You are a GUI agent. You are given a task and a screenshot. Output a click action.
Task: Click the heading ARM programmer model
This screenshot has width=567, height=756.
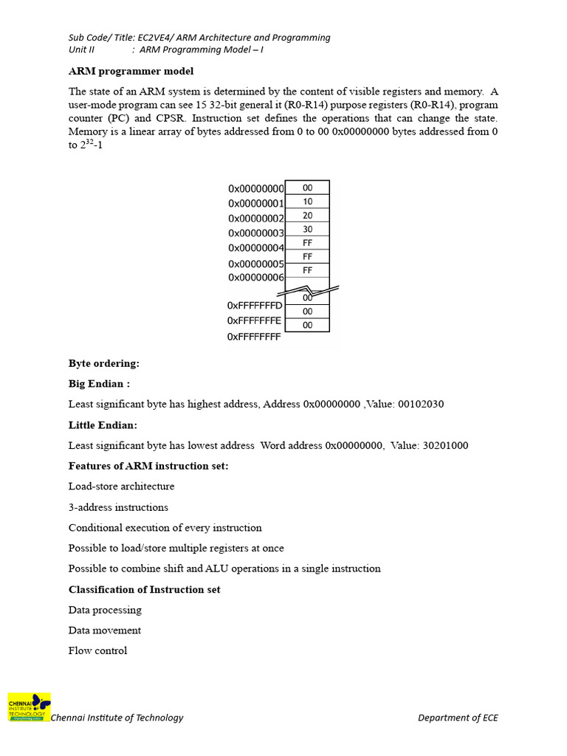131,72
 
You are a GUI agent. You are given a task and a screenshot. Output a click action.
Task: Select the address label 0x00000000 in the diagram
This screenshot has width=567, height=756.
256,189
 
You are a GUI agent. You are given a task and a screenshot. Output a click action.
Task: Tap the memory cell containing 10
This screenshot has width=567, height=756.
307,202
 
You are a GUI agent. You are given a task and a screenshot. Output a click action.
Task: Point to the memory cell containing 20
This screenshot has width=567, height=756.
307,216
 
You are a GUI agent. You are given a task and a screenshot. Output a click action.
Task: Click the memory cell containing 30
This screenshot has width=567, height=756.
307,230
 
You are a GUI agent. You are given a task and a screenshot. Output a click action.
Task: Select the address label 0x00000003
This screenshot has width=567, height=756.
256,233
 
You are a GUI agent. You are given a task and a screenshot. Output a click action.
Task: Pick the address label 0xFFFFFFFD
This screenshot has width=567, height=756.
255,306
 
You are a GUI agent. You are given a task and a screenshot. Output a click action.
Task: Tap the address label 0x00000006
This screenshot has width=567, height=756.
256,278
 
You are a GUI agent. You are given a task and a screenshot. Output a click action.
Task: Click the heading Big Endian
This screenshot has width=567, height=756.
99,384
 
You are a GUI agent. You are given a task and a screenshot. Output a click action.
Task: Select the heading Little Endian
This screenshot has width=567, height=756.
103,425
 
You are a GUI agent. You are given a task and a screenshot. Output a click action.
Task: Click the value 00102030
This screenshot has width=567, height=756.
421,405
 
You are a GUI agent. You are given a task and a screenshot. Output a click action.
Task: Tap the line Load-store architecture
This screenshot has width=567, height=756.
121,487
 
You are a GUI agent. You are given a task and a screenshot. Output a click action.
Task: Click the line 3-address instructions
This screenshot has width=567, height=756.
118,507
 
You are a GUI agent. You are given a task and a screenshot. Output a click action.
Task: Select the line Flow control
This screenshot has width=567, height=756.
97,650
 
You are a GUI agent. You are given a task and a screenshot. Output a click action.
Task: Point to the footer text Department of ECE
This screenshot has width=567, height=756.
458,718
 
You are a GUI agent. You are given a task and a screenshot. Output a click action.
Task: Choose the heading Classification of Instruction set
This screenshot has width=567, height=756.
144,589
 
